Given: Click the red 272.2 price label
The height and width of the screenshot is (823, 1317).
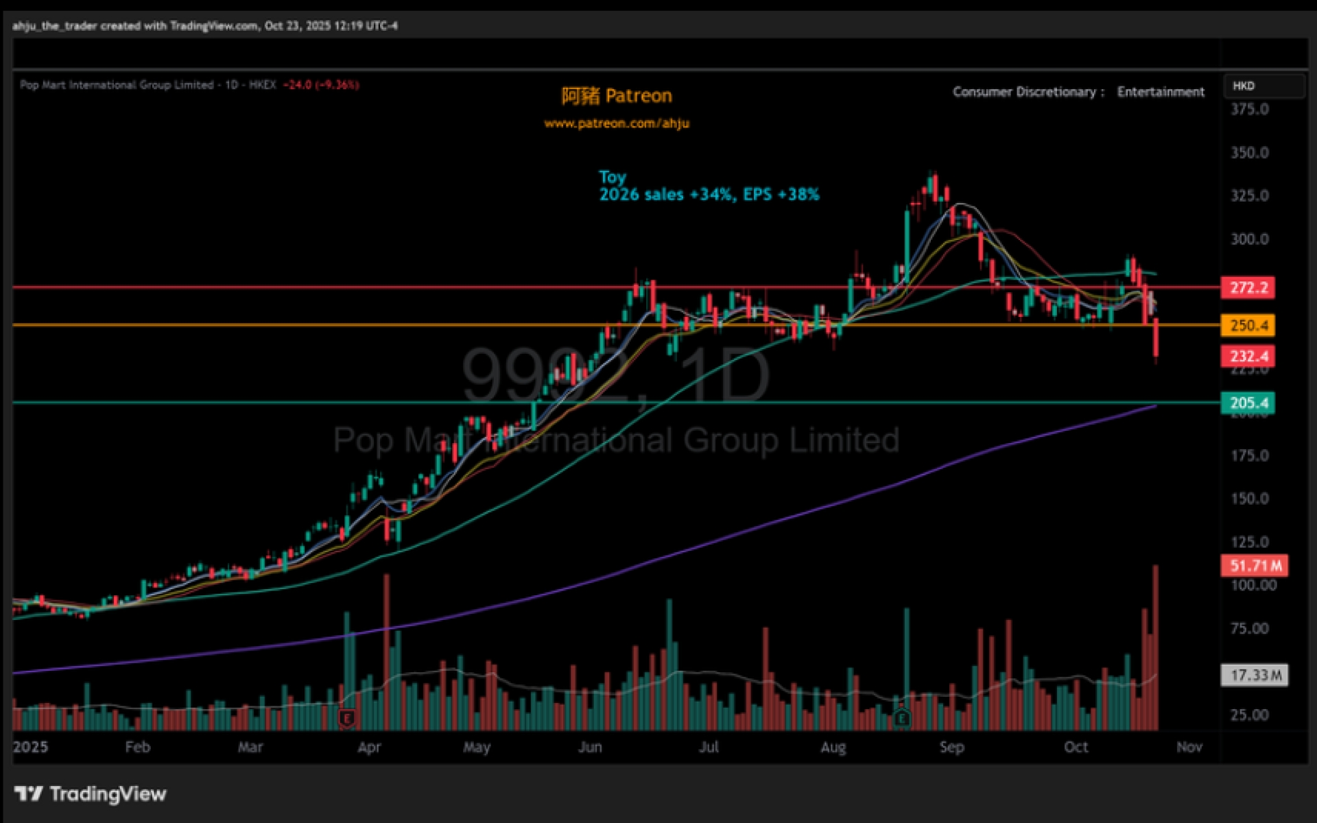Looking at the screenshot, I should [x=1247, y=287].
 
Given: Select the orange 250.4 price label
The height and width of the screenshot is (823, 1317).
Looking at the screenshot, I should [x=1247, y=325].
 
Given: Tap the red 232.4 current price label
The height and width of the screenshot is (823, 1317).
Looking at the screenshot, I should [x=1247, y=356].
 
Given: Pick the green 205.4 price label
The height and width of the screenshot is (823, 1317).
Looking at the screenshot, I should [x=1247, y=403].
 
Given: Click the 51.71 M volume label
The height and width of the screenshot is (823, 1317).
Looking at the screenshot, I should [x=1254, y=566].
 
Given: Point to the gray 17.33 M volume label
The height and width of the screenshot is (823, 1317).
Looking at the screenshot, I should [x=1254, y=675].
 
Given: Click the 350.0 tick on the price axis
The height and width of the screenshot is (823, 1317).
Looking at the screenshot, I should [x=1249, y=152].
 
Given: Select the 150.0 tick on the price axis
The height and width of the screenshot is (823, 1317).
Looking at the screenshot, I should [x=1249, y=499].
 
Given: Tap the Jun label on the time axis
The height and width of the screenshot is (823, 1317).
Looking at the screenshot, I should [x=590, y=747].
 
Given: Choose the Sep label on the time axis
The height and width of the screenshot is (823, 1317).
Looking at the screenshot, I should [x=951, y=747].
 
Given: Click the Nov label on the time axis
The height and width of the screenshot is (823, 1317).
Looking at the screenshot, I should [x=1189, y=747].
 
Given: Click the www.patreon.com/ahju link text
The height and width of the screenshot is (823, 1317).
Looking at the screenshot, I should [x=617, y=123].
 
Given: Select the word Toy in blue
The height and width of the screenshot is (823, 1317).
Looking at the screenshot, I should [x=613, y=177].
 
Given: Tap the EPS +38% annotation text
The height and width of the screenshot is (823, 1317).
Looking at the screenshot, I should [x=781, y=195].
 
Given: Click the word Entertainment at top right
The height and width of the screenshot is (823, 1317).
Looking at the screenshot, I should [x=1160, y=92].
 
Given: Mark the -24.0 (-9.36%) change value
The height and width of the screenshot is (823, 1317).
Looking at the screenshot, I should [x=321, y=85].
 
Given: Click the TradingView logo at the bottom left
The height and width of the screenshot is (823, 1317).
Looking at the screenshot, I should [x=91, y=794].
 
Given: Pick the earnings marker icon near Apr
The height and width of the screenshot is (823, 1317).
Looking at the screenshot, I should [x=347, y=718].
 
